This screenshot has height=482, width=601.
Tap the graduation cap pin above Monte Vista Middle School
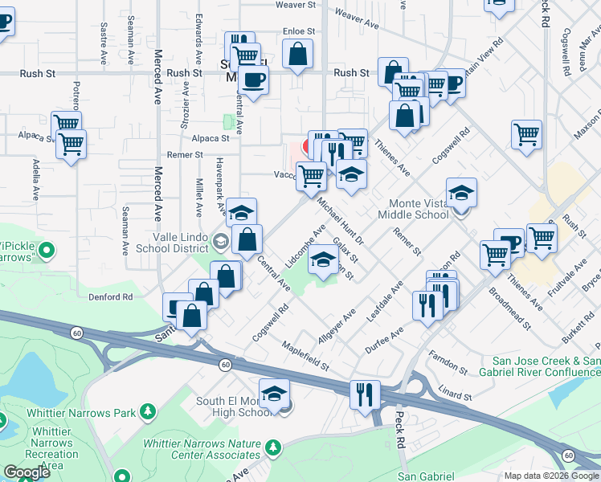tap(461, 194)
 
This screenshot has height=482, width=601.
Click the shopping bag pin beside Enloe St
tap(297, 55)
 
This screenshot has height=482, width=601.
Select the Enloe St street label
tap(297, 31)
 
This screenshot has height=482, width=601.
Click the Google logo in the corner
tap(27, 472)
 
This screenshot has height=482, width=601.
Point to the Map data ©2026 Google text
tap(550, 476)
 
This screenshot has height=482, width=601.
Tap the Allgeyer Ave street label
tap(336, 328)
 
